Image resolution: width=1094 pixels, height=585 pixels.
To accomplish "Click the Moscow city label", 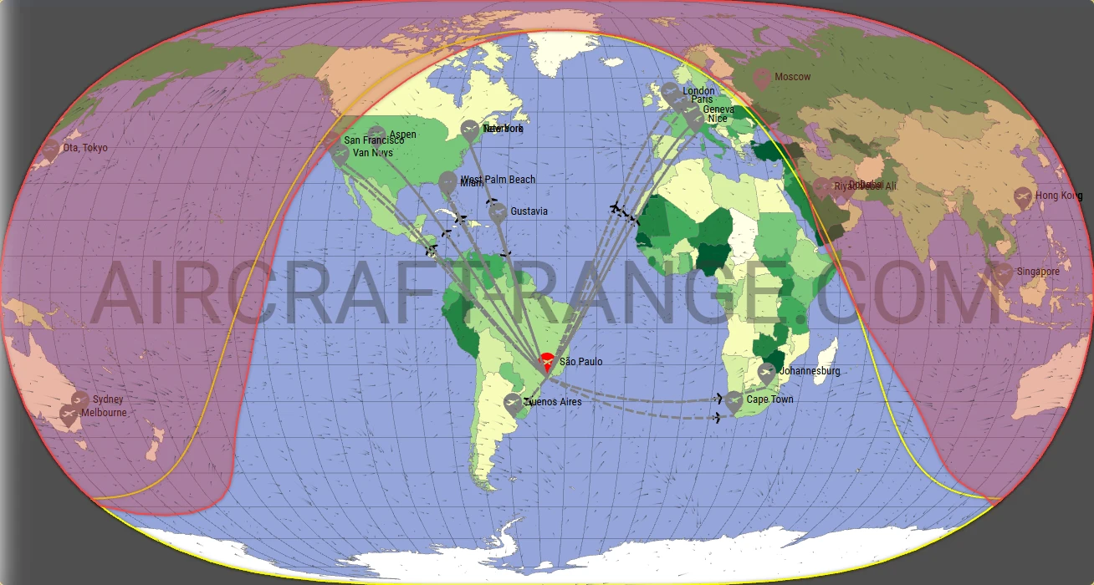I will click(792, 77).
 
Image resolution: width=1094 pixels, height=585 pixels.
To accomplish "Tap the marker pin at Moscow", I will click(761, 79).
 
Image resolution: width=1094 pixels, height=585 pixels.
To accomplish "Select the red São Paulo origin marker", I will click(546, 362).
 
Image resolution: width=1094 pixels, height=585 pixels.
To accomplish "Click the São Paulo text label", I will click(580, 362).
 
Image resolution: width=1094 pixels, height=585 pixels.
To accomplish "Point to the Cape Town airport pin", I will click(734, 402).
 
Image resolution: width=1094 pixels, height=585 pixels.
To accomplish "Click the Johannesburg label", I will click(809, 371).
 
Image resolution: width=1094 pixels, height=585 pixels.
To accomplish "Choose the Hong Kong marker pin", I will click(1022, 197).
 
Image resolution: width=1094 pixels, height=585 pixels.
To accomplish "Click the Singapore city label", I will click(1038, 272).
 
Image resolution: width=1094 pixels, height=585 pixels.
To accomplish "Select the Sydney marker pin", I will click(80, 400).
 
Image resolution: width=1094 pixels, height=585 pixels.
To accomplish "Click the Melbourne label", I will click(104, 413).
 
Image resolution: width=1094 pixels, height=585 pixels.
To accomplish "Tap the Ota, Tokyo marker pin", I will click(51, 149).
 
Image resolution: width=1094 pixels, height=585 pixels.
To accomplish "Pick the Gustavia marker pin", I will click(498, 211).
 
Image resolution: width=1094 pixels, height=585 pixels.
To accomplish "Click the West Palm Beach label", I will click(498, 180).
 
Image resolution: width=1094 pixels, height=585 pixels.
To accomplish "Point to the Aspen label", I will click(402, 135).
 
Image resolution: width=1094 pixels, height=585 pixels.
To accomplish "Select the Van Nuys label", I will click(372, 153).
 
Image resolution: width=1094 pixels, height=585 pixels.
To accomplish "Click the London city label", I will click(698, 91).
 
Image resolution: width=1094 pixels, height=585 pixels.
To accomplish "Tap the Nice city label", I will click(717, 119).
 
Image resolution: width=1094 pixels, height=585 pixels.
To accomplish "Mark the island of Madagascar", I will click(828, 353).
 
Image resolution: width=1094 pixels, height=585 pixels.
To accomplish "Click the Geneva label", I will click(718, 109).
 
